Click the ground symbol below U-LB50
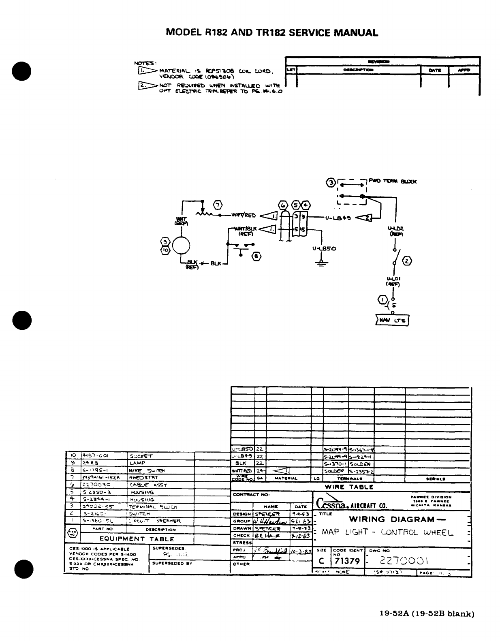click(321, 264)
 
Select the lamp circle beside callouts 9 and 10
click(181, 246)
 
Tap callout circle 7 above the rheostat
click(218, 204)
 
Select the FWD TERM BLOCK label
click(392, 182)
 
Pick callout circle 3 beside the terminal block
click(331, 183)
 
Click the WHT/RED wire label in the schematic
click(243, 216)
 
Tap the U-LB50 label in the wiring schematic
click(325, 248)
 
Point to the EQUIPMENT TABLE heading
click(137, 539)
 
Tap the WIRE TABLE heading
click(349, 487)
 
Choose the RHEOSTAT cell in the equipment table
click(144, 478)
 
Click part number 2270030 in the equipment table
click(96, 485)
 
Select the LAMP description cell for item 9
click(137, 463)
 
